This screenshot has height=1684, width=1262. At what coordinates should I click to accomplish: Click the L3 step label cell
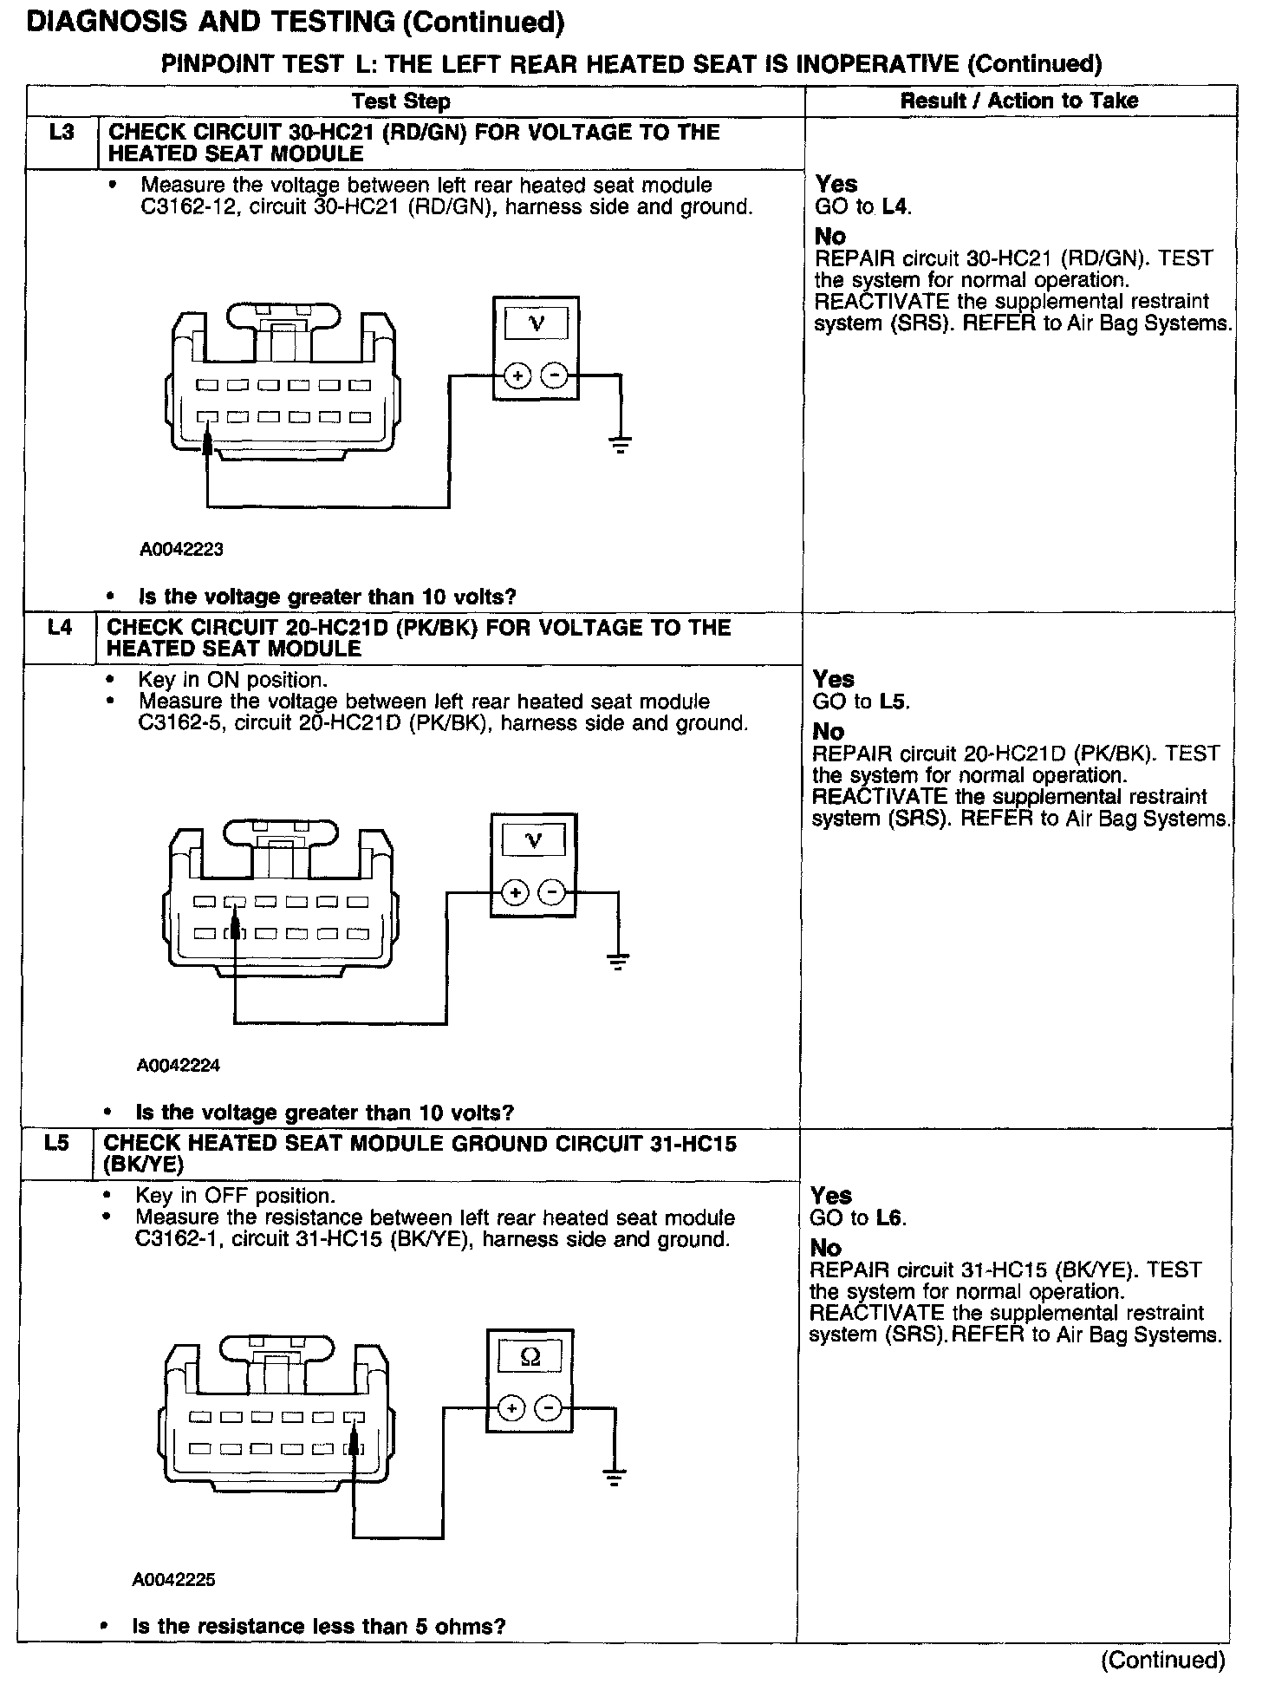pyautogui.click(x=61, y=134)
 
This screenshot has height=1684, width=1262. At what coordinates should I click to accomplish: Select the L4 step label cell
pyautogui.click(x=59, y=628)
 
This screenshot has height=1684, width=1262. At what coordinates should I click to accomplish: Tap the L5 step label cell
pyautogui.click(x=55, y=1144)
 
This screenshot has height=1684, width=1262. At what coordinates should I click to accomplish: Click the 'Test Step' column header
pyautogui.click(x=401, y=101)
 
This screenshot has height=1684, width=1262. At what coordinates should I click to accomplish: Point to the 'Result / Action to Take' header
pyautogui.click(x=1018, y=101)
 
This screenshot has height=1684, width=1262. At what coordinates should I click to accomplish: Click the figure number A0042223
pyautogui.click(x=181, y=549)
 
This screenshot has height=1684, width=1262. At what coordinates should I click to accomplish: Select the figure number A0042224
pyautogui.click(x=179, y=1065)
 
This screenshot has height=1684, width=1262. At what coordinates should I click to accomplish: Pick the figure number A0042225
pyautogui.click(x=174, y=1580)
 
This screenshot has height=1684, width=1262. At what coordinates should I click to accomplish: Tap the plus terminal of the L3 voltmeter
pyautogui.click(x=517, y=376)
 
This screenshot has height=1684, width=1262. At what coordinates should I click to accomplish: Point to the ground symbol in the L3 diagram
pyautogui.click(x=620, y=446)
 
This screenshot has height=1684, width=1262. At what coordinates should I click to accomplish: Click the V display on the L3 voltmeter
pyautogui.click(x=537, y=324)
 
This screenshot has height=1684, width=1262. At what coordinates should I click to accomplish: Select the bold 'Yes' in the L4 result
pyautogui.click(x=833, y=679)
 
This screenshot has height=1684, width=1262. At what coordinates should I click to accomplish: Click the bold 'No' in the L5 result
pyautogui.click(x=825, y=1248)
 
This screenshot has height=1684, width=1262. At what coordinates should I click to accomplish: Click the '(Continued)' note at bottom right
pyautogui.click(x=1162, y=1660)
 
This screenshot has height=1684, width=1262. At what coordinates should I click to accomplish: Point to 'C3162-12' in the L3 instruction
pyautogui.click(x=184, y=207)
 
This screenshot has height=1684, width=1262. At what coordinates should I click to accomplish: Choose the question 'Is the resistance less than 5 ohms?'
pyautogui.click(x=318, y=1626)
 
